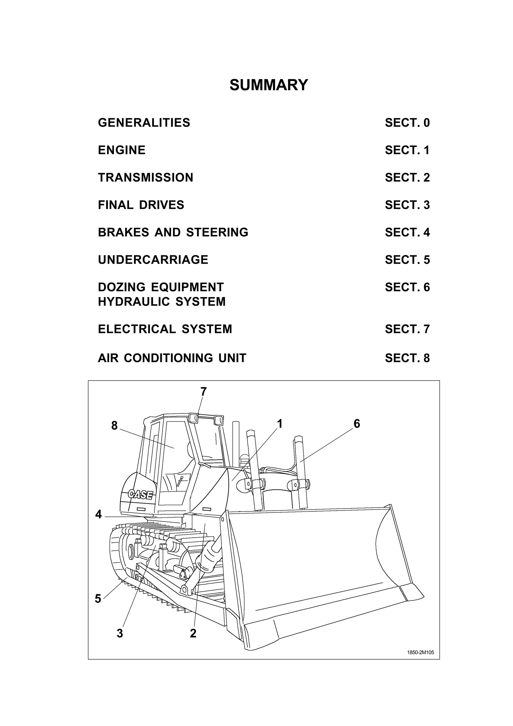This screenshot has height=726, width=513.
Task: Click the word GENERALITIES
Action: (x=144, y=123)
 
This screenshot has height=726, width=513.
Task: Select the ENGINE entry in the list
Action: (x=122, y=150)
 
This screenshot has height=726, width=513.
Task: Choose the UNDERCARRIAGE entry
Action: (x=153, y=260)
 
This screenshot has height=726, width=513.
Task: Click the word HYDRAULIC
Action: (x=134, y=302)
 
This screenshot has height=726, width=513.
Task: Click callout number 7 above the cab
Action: (x=204, y=392)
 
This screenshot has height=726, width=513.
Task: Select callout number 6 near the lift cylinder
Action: (x=357, y=424)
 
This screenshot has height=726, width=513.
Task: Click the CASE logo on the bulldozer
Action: (x=141, y=495)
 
